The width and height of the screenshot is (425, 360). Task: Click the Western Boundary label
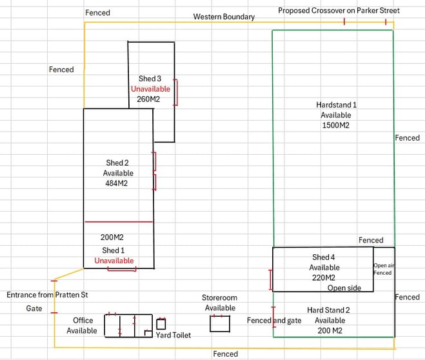224,17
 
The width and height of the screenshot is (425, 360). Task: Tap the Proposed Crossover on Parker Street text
339,10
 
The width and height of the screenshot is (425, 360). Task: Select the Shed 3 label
150,79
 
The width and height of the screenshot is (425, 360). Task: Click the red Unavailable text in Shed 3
150,89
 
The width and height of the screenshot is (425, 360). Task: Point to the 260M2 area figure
148,99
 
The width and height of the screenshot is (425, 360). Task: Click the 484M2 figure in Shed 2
116,183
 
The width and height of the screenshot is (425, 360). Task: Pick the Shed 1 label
113,250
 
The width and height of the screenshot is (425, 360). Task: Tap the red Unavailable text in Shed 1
114,261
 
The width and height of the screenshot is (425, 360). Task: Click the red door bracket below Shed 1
122,270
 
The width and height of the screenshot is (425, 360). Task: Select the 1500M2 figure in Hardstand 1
336,125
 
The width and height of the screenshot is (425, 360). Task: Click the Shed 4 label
323,257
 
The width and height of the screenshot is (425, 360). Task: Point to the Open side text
344,288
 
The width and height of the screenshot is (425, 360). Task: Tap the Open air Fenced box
384,270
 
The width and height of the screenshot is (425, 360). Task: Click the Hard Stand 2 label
328,310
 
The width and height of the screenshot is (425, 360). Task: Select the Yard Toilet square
161,324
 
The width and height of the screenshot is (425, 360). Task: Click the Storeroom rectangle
220,324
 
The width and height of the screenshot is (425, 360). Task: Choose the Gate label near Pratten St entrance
34,308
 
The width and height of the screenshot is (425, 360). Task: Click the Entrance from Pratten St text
47,295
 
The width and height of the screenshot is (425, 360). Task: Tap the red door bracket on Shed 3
176,92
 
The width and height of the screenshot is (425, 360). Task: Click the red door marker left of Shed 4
270,280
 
